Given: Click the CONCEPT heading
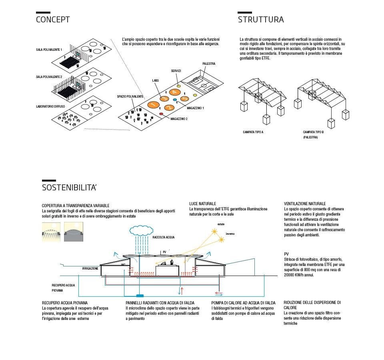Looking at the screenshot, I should (x=53, y=19).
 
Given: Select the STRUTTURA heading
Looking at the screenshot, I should (x=261, y=19).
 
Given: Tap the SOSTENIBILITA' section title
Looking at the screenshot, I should (x=69, y=188).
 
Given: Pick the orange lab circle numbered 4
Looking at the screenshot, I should (x=174, y=92).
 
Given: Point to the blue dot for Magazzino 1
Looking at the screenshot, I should (x=175, y=99).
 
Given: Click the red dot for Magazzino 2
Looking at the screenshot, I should (x=161, y=114).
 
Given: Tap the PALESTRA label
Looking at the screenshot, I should (x=209, y=64).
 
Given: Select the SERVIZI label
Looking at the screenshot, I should (x=176, y=71).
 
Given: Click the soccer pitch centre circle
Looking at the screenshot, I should (x=204, y=85).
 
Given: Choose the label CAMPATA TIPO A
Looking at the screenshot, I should (x=253, y=132).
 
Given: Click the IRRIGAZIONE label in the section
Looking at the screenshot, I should (x=90, y=268).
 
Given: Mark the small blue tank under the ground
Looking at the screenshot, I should (x=140, y=296).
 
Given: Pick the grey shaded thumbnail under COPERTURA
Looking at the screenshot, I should (x=74, y=232).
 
